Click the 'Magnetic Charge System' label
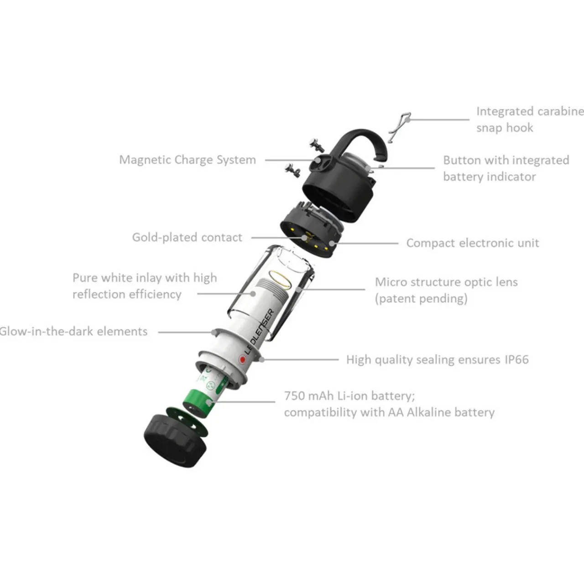[188, 160]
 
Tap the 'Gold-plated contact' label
[188, 237]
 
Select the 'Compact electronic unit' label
[473, 243]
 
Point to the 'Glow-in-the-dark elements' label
[73, 331]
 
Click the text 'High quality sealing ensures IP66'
[438, 360]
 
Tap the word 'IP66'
[517, 360]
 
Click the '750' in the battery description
[294, 396]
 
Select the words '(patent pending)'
[421, 299]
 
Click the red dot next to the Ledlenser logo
[242, 360]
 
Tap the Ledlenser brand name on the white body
[260, 332]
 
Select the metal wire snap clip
[399, 126]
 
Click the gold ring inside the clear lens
[280, 280]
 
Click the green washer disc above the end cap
[188, 422]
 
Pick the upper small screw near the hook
[317, 145]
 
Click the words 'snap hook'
[505, 128]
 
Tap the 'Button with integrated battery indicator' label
[506, 168]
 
